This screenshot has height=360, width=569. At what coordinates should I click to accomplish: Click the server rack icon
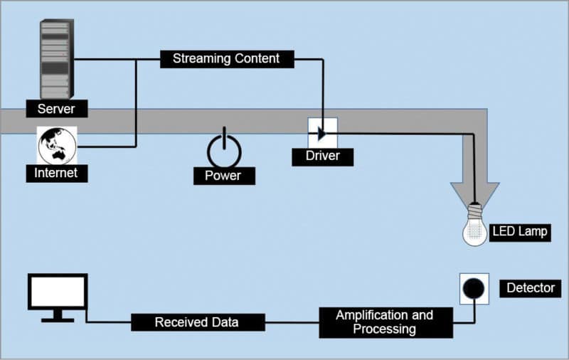[x=55, y=60]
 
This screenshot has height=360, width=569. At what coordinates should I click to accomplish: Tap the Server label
[x=56, y=109]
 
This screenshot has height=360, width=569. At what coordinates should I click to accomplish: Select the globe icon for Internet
[x=57, y=145]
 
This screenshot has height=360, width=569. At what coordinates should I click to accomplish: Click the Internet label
[x=56, y=173]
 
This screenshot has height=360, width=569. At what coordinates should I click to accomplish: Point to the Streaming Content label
[x=226, y=58]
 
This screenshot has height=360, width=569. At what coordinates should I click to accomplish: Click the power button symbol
[x=224, y=149]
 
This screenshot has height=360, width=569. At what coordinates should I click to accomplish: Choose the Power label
[x=223, y=176]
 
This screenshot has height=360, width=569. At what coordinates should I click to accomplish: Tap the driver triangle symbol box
[x=322, y=132]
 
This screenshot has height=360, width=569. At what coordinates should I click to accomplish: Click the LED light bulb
[x=475, y=228]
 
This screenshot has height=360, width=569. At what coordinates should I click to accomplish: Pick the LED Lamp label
[x=520, y=231]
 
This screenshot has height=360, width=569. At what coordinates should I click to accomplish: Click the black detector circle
[x=474, y=288]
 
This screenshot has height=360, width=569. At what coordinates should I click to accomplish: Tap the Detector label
[x=530, y=288]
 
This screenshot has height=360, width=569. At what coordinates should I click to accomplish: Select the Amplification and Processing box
[x=384, y=322]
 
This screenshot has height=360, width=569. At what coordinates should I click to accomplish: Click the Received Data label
[x=197, y=322]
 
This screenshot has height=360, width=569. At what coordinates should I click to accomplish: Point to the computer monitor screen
[x=57, y=292]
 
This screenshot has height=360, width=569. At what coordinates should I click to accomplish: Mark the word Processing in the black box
[x=384, y=329]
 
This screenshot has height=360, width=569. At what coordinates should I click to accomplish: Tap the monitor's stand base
[x=57, y=319]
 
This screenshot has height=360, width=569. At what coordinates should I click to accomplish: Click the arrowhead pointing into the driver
[x=322, y=133]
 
